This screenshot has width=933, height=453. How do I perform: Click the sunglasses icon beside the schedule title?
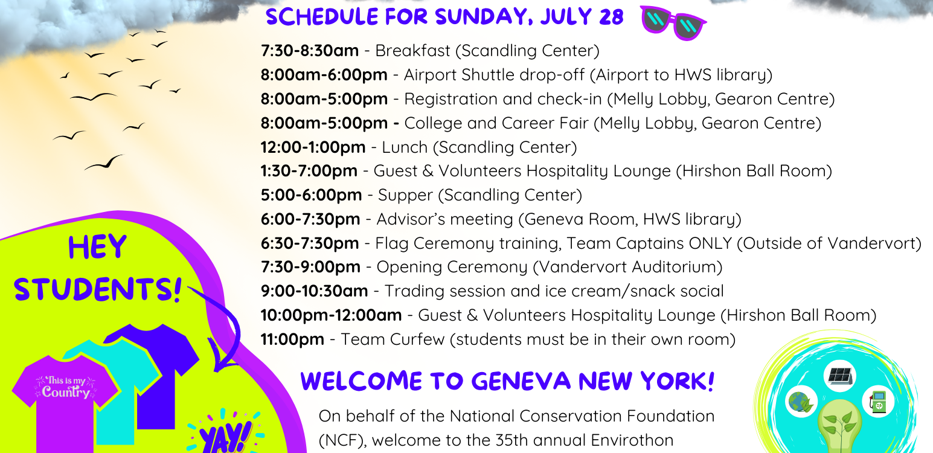coord(673,22)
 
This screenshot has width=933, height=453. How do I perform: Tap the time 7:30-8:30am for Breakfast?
coord(309,51)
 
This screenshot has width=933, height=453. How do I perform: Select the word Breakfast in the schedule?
coord(413,51)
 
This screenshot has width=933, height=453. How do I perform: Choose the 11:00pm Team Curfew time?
coord(292,339)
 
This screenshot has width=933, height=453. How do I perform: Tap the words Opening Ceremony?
coord(452,267)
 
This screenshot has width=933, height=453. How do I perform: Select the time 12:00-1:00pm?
coord(313,147)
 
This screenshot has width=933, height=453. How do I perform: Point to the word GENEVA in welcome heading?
coord(521,381)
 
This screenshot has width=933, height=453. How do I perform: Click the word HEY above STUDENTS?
coord(97,248)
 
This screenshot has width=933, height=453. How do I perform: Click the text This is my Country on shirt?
coord(66,387)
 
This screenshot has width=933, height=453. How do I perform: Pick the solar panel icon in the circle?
coord(839,376)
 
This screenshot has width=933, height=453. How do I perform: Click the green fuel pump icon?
coord(878,401)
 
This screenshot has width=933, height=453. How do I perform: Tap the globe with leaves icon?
coord(801,402)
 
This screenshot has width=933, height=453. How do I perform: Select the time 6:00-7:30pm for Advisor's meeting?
coord(310,220)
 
